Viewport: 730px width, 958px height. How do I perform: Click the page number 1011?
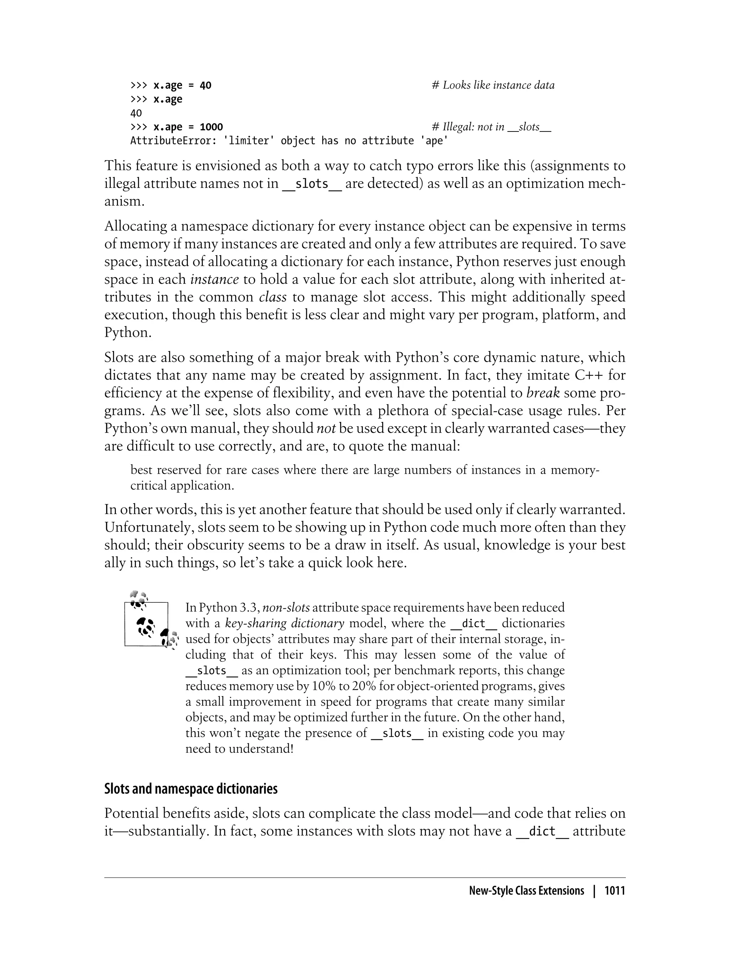tap(615, 891)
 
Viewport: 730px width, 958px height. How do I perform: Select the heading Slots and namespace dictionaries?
tap(191, 789)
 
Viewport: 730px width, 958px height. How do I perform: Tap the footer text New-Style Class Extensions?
tap(526, 891)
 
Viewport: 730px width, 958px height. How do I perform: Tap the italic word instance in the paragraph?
tap(215, 279)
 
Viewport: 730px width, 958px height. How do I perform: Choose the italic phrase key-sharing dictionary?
tap(284, 623)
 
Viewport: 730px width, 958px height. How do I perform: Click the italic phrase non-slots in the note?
tap(286, 607)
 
